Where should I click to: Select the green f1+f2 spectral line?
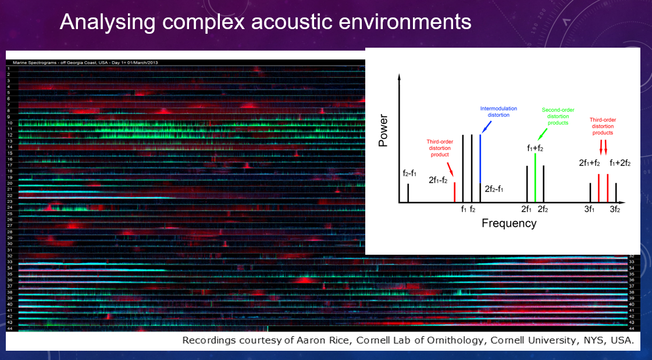(535, 177)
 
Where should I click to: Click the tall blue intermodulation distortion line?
(480, 158)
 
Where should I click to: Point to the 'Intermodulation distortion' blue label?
(494, 112)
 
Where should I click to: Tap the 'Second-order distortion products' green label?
(555, 116)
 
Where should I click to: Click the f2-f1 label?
(409, 174)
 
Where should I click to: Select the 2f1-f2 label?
(437, 180)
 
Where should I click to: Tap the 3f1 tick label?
(589, 209)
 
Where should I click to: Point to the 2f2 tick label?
(543, 209)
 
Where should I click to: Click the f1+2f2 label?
(620, 163)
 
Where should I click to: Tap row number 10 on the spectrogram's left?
(10, 123)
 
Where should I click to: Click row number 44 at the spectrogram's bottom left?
(10, 329)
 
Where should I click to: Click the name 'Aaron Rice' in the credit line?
(301, 340)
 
